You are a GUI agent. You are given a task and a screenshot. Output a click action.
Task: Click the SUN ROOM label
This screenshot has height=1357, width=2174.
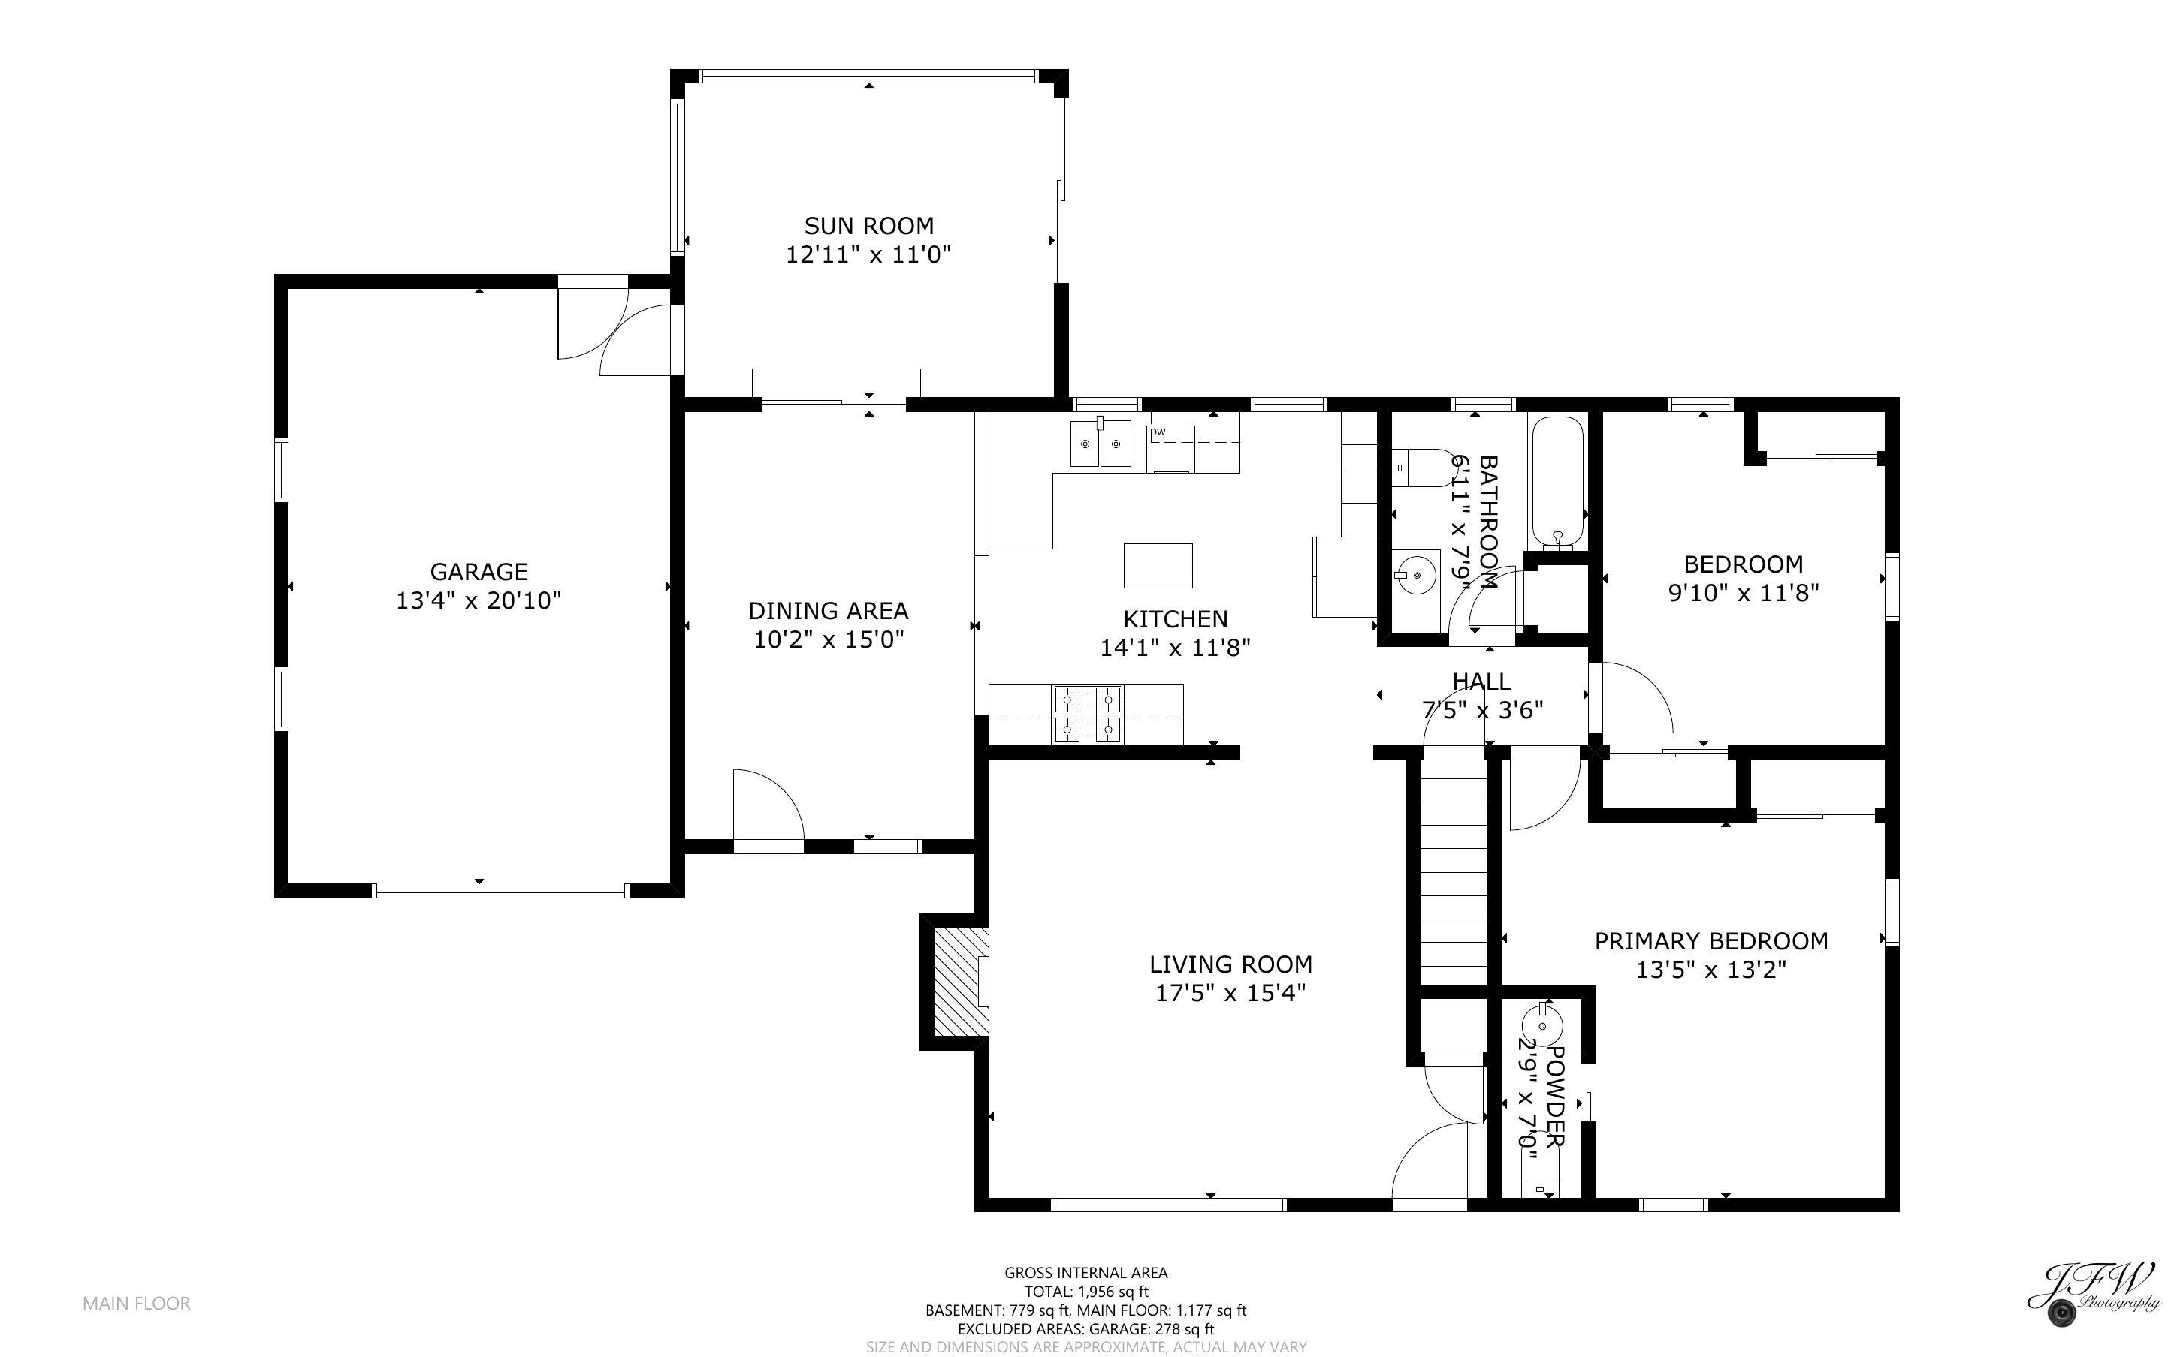(868, 226)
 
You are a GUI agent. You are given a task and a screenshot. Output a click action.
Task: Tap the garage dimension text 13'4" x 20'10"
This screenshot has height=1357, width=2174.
(479, 600)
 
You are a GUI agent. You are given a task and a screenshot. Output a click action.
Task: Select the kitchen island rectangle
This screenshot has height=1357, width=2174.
(1158, 565)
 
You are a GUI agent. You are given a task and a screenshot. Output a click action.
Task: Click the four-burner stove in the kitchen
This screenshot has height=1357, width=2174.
(1088, 715)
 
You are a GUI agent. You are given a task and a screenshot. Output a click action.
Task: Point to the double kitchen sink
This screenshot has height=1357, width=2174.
(1100, 444)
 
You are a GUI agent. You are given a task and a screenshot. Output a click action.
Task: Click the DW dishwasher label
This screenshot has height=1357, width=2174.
(1158, 432)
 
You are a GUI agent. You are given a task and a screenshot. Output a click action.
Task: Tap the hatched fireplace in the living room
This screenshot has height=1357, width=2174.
(959, 982)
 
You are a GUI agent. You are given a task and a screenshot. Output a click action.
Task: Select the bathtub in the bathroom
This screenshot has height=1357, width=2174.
(1558, 483)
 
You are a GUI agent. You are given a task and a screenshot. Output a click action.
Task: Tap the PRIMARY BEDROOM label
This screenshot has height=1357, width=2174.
(1711, 941)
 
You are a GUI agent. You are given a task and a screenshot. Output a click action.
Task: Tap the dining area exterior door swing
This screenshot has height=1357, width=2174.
(768, 805)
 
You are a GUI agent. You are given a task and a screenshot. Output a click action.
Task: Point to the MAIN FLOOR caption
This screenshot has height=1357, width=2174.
(137, 1303)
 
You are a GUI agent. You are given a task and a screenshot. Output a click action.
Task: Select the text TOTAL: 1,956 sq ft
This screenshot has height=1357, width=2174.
(1085, 1292)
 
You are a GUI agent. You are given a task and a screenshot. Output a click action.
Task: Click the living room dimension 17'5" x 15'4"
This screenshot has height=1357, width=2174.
(1230, 994)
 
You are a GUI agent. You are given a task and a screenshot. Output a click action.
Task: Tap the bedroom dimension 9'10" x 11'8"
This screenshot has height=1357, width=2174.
(1743, 593)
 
